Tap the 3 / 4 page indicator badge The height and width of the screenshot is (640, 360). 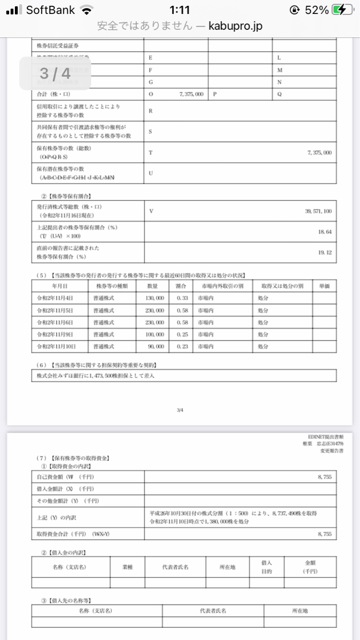(x=55, y=73)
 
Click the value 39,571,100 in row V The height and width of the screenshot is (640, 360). (x=318, y=211)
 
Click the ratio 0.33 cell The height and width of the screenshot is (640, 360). (x=182, y=298)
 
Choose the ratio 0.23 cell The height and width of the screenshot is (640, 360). (x=182, y=347)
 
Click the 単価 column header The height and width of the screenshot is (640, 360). (x=324, y=286)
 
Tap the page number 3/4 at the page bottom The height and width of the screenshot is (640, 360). (x=179, y=410)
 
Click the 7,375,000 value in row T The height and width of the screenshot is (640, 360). (x=319, y=153)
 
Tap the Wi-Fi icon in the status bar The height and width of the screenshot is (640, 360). (x=85, y=10)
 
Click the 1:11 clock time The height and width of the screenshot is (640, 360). (x=179, y=10)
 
